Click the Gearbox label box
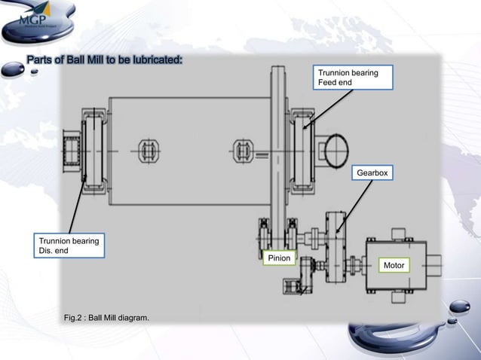372,173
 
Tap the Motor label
394,266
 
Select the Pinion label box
278,260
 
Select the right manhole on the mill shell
244,151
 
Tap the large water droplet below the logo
13,70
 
